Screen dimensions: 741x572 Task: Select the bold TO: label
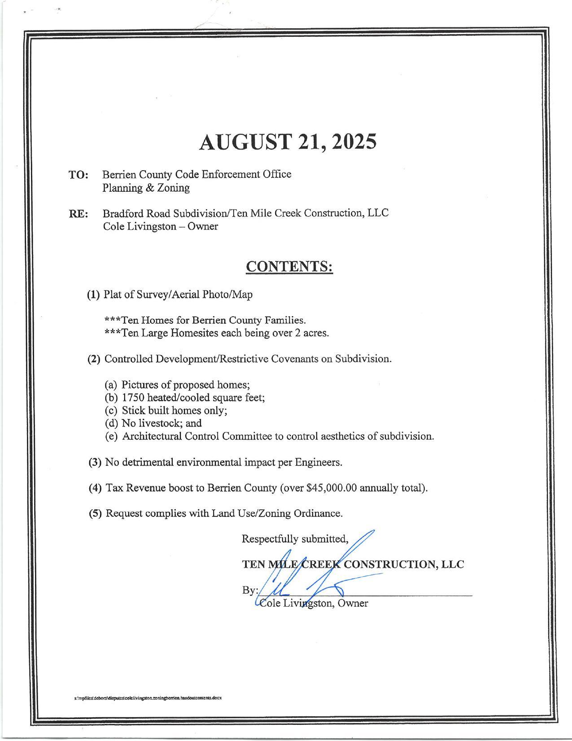click(78, 175)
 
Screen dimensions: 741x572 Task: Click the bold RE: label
click(78, 214)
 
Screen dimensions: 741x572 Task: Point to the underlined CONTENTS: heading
click(289, 266)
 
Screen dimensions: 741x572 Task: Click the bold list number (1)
click(93, 295)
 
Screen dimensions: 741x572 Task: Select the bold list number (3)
click(95, 462)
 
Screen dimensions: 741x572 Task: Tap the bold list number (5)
click(95, 513)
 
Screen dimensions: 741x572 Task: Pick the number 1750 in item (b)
click(133, 397)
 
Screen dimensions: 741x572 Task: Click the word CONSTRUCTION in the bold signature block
click(390, 565)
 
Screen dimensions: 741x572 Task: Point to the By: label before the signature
click(249, 590)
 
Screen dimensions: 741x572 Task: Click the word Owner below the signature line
click(353, 603)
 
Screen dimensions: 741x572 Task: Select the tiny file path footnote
click(148, 698)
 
